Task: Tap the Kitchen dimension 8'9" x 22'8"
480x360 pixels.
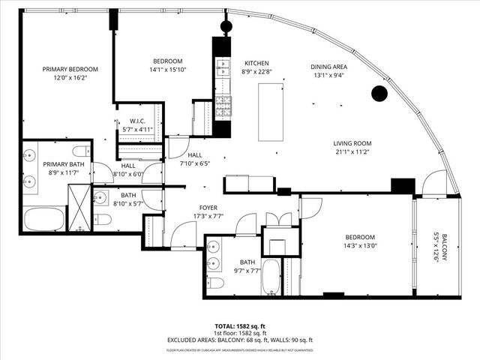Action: (x=256, y=73)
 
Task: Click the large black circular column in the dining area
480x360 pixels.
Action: (x=379, y=94)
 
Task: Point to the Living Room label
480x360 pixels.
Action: (x=352, y=143)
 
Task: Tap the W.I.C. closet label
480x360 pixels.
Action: (x=137, y=120)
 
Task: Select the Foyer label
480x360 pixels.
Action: (x=208, y=208)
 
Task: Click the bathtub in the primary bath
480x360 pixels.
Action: (x=44, y=220)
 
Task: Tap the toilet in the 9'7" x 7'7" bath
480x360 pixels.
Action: (x=215, y=283)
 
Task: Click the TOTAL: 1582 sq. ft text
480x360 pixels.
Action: (x=240, y=326)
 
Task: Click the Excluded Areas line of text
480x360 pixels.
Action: (x=240, y=340)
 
